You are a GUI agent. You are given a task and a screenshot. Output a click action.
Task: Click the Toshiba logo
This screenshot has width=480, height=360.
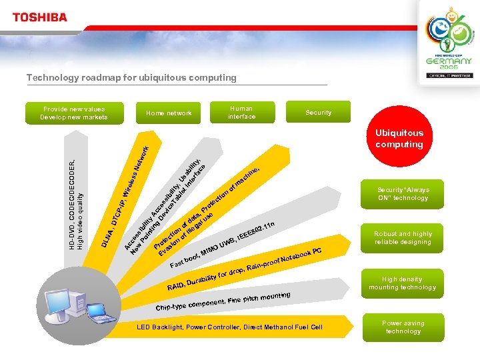click(x=40, y=17)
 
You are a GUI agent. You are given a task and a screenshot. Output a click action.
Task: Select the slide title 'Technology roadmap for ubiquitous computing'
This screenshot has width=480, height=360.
click(x=131, y=77)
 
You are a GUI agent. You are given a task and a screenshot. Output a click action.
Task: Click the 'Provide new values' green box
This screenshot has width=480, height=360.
click(x=73, y=113)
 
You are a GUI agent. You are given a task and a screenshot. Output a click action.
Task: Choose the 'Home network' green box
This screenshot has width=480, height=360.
click(x=169, y=113)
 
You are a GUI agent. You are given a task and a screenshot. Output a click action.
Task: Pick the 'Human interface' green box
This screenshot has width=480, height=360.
click(x=241, y=112)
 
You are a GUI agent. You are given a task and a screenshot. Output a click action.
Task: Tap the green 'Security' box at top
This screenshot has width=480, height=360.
click(x=318, y=113)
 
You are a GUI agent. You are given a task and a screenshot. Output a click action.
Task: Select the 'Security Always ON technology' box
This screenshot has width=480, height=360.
click(x=403, y=193)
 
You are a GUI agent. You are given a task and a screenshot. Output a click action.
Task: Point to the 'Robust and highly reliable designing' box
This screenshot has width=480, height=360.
click(x=403, y=238)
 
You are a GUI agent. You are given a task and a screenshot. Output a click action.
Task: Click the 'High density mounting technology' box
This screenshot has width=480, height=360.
click(x=403, y=283)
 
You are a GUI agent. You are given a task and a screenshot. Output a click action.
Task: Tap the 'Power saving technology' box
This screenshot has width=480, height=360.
click(x=403, y=327)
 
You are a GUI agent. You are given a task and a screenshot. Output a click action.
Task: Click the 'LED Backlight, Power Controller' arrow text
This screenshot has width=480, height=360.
click(x=229, y=327)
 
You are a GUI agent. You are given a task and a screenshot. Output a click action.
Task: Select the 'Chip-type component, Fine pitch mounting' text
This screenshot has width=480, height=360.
click(x=223, y=301)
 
